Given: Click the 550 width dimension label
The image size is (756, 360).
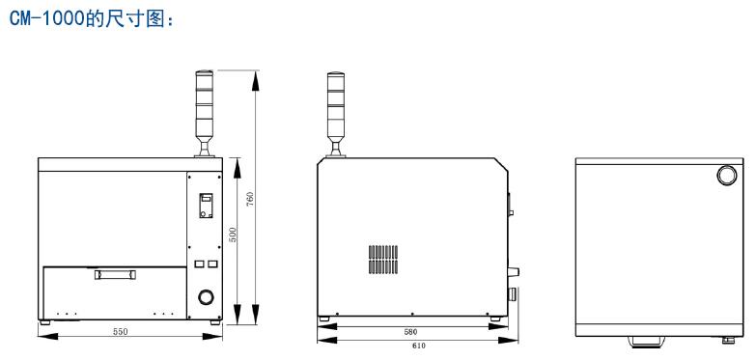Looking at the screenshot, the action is coord(121,332).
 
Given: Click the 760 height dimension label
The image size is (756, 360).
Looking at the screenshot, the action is coord(250,199).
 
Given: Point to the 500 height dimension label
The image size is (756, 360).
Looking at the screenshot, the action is coord(233,235).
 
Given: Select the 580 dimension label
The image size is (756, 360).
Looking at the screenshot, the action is coord(410,332).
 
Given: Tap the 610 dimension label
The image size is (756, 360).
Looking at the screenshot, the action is coord(419,346).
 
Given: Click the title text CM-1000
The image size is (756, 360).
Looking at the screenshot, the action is coord(46,18).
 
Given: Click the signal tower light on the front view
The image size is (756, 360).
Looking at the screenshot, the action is coord(204,114).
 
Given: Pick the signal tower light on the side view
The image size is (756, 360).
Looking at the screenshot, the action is coord(336,115).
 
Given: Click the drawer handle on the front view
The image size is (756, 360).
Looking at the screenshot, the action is coord(115,275).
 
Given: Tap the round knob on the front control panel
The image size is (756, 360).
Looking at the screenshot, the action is coord(206,297).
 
